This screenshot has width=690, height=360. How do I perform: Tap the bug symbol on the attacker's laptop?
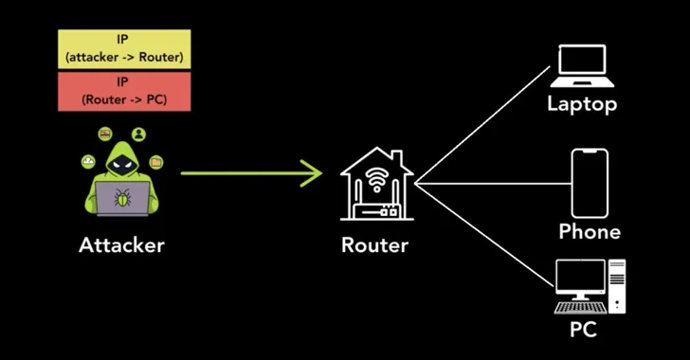point(121,198)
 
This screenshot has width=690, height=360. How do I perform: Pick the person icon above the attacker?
point(138,134)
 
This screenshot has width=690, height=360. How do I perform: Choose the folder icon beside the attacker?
point(155,163)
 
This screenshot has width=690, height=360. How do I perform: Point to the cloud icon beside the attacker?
point(88,162)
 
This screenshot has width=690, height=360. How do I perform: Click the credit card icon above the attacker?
point(105,134)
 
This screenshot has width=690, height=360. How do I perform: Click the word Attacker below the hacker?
point(121,245)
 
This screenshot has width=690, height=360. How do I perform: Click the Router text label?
point(374,245)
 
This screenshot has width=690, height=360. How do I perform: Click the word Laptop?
point(581,103)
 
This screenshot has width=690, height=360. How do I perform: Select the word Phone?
point(590,231)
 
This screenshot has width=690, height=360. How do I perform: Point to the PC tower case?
point(617,285)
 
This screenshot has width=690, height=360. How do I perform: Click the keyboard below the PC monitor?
point(580,308)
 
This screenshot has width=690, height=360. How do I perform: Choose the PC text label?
point(582,330)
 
